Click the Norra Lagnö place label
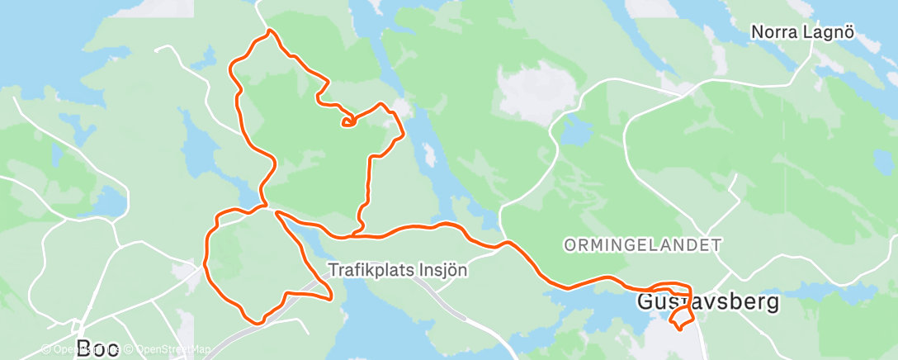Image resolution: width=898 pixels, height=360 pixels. click(801, 32)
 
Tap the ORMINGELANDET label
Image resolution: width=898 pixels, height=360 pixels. click(642, 245)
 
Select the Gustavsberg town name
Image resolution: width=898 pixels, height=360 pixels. click(708, 302)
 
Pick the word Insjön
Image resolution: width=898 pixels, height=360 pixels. click(445, 270)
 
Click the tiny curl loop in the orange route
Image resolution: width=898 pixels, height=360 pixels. click(348, 122)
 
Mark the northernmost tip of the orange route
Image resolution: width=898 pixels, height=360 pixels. click(269, 31)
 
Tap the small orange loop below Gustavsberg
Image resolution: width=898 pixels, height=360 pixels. click(680, 319)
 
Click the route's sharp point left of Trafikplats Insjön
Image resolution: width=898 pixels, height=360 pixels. click(330, 297)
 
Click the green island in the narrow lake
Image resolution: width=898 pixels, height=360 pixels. click(428, 155)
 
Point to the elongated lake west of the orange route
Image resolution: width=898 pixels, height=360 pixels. click(195, 133)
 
